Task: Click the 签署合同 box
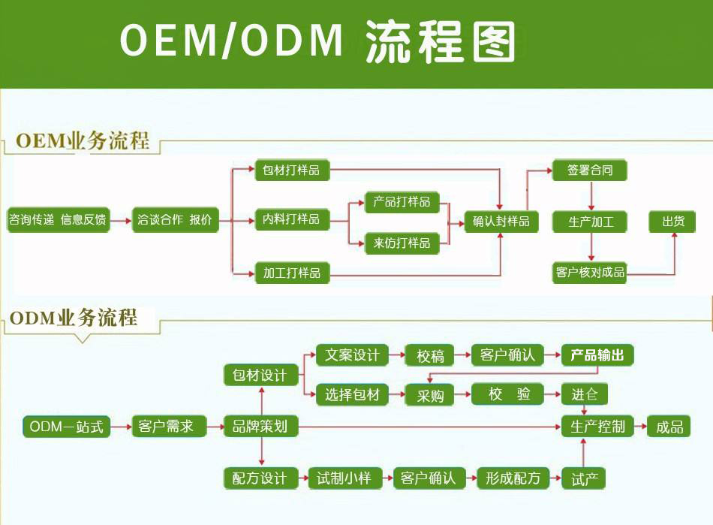[x=589, y=170]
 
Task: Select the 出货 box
[x=672, y=222]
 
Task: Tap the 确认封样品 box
[x=501, y=222]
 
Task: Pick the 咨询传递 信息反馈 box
[x=58, y=220]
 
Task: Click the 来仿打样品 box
[x=402, y=243]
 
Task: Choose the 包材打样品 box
[x=292, y=170]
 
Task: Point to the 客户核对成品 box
[x=589, y=272]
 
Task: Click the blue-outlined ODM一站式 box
[x=66, y=427]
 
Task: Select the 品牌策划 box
[x=260, y=427]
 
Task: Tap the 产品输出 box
[x=597, y=355]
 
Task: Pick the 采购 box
[x=430, y=395]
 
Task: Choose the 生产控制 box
[x=597, y=427]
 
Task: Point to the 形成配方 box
[x=513, y=478]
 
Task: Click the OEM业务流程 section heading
[x=83, y=140]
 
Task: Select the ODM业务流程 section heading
[x=74, y=318]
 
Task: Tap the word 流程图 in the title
[x=441, y=41]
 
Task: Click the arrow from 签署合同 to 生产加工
[x=591, y=196]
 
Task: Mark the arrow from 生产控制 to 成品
[x=640, y=427]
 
